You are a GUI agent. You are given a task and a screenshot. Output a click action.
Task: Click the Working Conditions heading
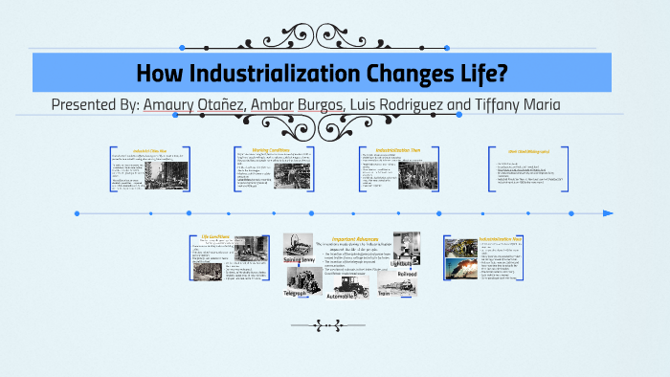coord(272,149)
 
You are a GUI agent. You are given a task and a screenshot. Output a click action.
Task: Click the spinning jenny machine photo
coord(300,244)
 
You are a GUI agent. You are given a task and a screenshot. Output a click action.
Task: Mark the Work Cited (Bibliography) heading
coord(519,150)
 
